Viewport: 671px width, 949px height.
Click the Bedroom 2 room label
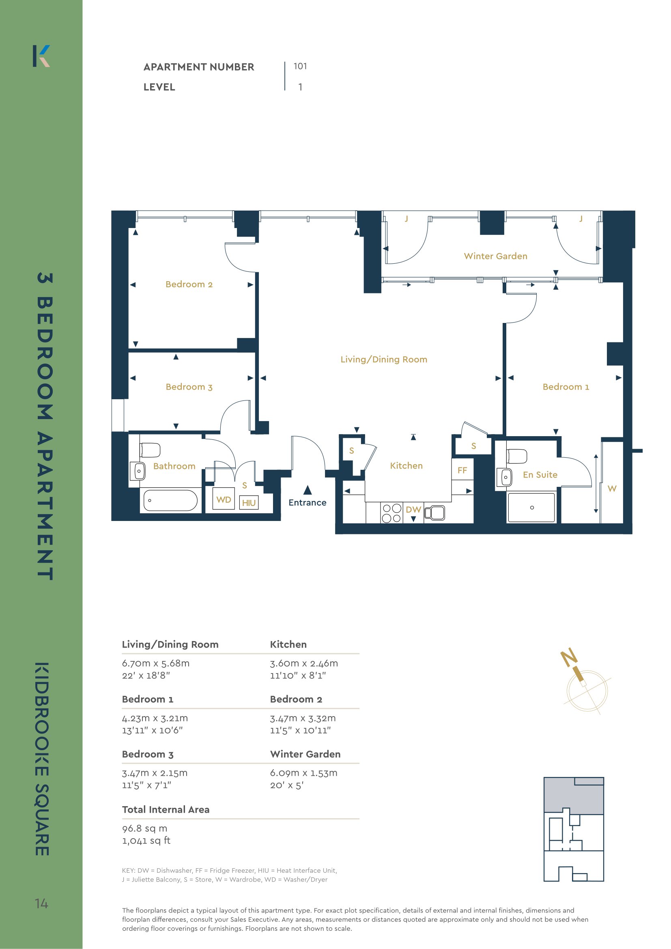(189, 284)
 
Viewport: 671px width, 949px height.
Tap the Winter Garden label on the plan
(495, 256)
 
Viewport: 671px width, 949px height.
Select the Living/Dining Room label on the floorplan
(384, 359)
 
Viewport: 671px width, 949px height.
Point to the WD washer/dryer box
(224, 500)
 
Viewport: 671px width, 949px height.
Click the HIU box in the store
(249, 503)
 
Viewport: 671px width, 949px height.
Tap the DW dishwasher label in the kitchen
(413, 510)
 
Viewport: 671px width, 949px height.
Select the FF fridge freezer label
(462, 470)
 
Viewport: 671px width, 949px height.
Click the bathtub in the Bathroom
(170, 501)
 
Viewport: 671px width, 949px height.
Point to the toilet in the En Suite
(517, 456)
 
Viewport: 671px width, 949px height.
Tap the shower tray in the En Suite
(531, 508)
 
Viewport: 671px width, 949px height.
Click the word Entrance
(308, 503)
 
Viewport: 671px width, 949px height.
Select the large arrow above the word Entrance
(308, 490)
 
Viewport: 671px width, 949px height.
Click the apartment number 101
(300, 66)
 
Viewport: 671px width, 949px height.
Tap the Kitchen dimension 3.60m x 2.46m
(304, 663)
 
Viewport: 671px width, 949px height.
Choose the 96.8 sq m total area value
(144, 828)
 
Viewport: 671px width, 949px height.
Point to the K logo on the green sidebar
(41, 56)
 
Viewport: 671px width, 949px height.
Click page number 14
(41, 904)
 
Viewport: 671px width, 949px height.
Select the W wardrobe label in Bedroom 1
(612, 488)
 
